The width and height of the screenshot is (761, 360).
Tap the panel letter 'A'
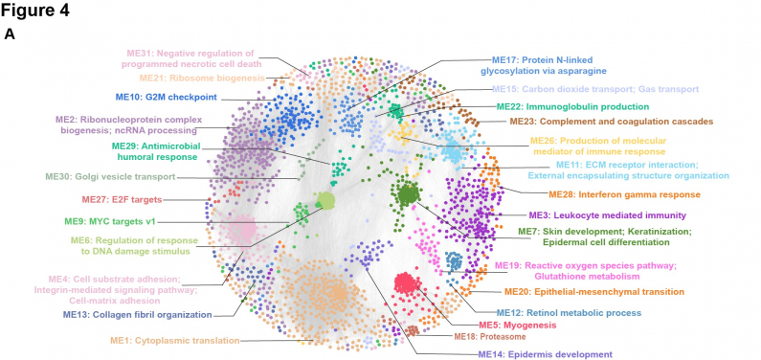coord(10,34)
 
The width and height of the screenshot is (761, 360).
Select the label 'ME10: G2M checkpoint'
coord(167,97)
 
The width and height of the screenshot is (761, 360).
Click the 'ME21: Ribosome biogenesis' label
coord(199,76)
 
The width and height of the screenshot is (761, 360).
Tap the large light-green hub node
coord(325,201)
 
